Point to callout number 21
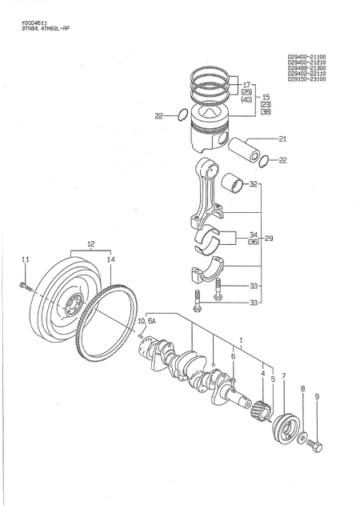tap(282, 139)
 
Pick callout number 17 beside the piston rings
tap(246, 84)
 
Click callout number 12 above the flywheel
tap(90, 243)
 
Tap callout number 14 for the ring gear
tap(111, 259)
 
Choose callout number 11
tap(25, 259)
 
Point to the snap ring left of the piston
tap(182, 115)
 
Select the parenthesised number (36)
tap(253, 242)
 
